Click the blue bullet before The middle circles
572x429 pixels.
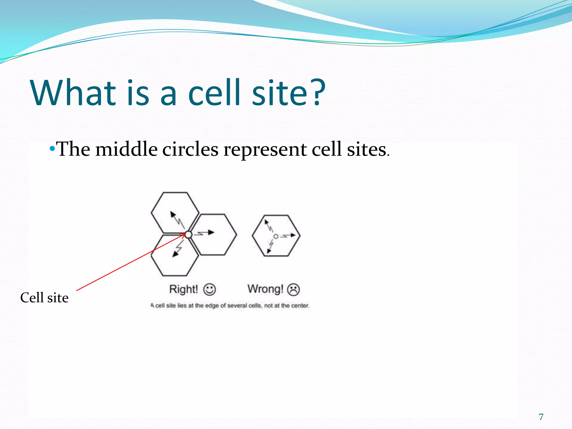52,149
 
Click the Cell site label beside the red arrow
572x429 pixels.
44,298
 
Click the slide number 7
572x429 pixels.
541,417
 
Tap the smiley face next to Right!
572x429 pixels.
209,289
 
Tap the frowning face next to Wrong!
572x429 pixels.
293,290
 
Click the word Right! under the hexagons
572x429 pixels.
183,289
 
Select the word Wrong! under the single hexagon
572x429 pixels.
265,289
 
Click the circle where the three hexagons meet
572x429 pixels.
189,235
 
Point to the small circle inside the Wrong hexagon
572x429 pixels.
276,236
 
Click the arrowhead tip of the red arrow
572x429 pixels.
184,235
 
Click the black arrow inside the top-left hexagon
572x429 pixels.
177,219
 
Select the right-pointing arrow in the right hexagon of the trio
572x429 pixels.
205,233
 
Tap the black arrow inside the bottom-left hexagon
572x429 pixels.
178,249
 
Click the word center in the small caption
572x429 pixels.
300,306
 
